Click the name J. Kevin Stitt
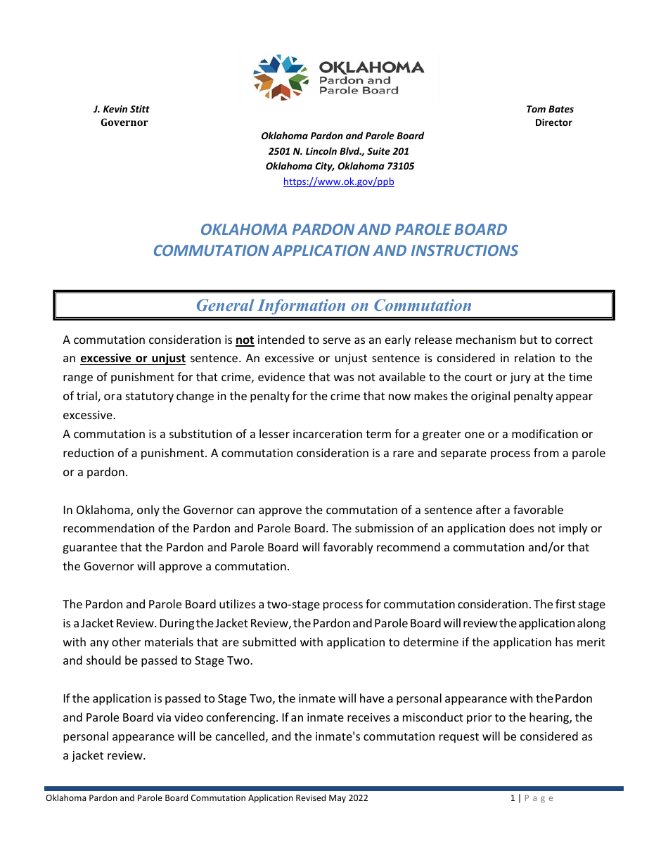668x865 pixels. click(x=121, y=109)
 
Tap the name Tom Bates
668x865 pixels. click(x=550, y=109)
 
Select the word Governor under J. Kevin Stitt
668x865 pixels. click(x=124, y=122)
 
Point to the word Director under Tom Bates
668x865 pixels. click(x=553, y=122)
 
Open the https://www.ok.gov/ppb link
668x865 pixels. click(x=338, y=181)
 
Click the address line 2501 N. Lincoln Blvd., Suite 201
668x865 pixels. click(x=338, y=151)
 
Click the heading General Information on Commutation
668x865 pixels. click(x=333, y=305)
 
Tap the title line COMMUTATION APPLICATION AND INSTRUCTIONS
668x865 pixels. click(x=335, y=250)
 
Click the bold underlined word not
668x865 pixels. click(x=245, y=340)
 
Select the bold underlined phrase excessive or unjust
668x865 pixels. click(x=133, y=359)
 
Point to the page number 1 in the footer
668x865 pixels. click(x=513, y=798)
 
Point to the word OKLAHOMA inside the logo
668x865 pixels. click(x=371, y=68)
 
